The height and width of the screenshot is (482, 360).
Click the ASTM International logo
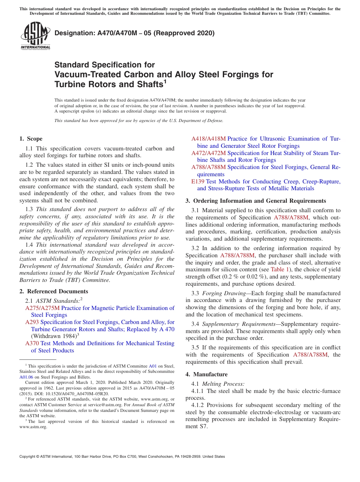(35, 36)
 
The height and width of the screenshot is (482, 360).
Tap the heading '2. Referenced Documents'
(53, 291)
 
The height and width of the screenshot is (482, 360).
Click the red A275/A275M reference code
(42, 308)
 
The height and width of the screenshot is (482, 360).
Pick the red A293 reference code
(32, 322)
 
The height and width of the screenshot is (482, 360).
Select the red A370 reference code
(32, 343)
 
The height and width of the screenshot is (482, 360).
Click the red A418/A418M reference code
(208, 139)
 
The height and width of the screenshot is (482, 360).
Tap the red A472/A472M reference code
(208, 153)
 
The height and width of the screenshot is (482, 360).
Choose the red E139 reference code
(198, 182)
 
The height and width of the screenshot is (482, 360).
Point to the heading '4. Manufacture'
(207, 374)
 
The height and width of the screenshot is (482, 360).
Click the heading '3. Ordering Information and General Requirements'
(256, 201)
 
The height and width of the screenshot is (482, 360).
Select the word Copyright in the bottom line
(28, 457)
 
